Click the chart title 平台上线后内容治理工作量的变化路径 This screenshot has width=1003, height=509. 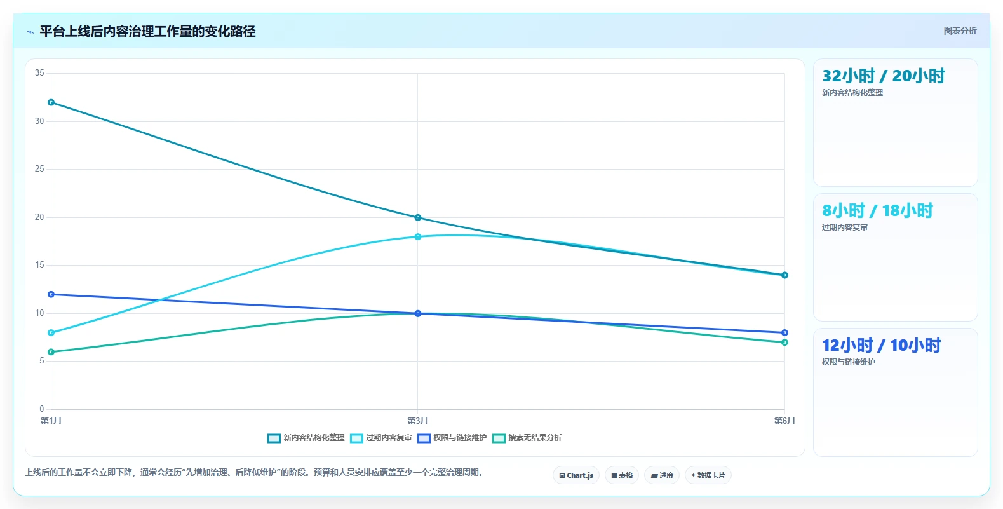pyautogui.click(x=147, y=31)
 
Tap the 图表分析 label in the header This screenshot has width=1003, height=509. pyautogui.click(x=960, y=31)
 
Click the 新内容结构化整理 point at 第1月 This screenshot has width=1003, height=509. pyautogui.click(x=51, y=102)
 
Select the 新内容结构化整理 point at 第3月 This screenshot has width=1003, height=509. pyautogui.click(x=418, y=218)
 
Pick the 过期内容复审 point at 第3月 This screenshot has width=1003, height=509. pyautogui.click(x=418, y=236)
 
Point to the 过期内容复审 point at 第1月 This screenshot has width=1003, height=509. pyautogui.click(x=51, y=332)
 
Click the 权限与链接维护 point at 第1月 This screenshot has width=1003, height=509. pyautogui.click(x=51, y=294)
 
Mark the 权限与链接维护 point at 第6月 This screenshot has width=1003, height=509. pyautogui.click(x=784, y=332)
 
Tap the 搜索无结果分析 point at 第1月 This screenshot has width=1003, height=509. pyautogui.click(x=51, y=352)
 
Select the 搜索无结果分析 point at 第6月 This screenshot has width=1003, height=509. pyautogui.click(x=784, y=343)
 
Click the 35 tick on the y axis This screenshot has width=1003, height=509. pyautogui.click(x=39, y=72)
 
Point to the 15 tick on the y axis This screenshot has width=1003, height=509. pyautogui.click(x=39, y=265)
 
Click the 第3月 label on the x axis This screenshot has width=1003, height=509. pyautogui.click(x=418, y=421)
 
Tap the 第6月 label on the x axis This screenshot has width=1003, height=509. pyautogui.click(x=784, y=421)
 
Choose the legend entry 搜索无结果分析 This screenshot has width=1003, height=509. pyautogui.click(x=527, y=438)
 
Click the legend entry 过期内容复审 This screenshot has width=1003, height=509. pyautogui.click(x=381, y=438)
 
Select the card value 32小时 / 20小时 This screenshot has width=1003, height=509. pyautogui.click(x=883, y=76)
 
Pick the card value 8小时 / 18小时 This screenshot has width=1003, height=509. pyautogui.click(x=877, y=210)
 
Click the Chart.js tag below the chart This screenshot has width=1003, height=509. pyautogui.click(x=576, y=475)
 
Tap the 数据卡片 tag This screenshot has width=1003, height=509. pyautogui.click(x=708, y=475)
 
